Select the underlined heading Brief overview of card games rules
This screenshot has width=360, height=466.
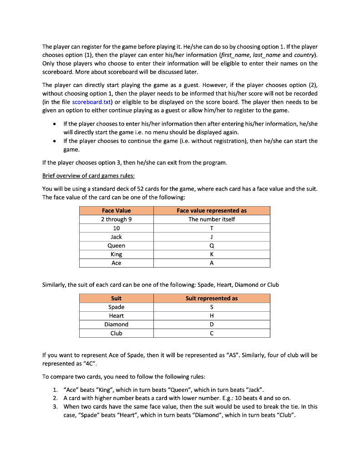tap(88, 176)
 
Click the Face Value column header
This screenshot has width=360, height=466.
tap(116, 211)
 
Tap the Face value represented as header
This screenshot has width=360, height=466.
tap(212, 211)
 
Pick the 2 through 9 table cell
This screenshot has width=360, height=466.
tap(116, 219)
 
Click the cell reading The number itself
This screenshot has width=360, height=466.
tap(212, 219)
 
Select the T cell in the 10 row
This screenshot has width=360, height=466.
tap(212, 228)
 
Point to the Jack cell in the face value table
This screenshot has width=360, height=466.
tap(116, 237)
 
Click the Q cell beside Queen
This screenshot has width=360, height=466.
tap(212, 246)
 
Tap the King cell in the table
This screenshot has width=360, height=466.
tap(116, 254)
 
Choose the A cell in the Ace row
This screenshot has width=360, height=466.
tap(212, 263)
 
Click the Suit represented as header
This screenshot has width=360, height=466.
tap(212, 299)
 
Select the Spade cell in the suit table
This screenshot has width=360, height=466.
tap(116, 307)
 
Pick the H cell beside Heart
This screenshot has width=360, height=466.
tap(212, 316)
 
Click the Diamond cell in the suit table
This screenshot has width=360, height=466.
tap(116, 324)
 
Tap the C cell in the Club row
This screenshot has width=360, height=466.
tap(212, 333)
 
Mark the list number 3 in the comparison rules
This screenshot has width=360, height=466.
tap(55, 406)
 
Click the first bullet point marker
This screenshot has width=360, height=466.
tap(55, 124)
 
